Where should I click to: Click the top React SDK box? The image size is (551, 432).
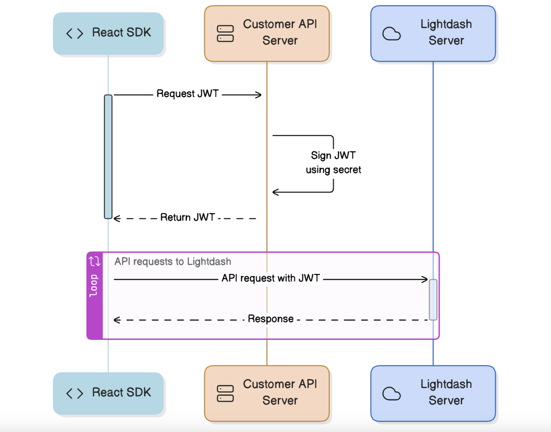point(108,33)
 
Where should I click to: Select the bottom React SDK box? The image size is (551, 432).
point(108,393)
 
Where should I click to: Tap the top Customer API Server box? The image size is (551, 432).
point(267,33)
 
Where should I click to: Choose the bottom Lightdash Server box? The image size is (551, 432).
point(433,393)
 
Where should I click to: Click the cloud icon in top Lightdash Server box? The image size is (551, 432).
point(391,34)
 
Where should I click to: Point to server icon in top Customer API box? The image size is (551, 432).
point(225,34)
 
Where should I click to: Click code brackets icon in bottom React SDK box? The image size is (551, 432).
point(75,393)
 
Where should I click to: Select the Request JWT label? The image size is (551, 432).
point(188,94)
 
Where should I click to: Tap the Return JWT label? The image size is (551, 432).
point(188,217)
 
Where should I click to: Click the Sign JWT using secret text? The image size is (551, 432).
point(333,163)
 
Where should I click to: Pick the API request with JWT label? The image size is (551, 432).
point(271,278)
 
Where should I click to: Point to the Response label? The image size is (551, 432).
point(271,319)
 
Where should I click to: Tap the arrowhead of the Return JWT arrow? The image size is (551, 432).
point(117,218)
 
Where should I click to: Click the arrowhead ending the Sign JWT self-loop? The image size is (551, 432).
point(275,192)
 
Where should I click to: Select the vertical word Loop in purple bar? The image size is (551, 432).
point(94,285)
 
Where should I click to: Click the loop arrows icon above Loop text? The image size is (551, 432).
point(94,261)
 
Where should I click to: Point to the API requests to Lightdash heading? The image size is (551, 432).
point(172,262)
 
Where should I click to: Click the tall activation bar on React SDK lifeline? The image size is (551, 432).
point(108,157)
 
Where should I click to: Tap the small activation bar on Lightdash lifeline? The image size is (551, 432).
point(433,299)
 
